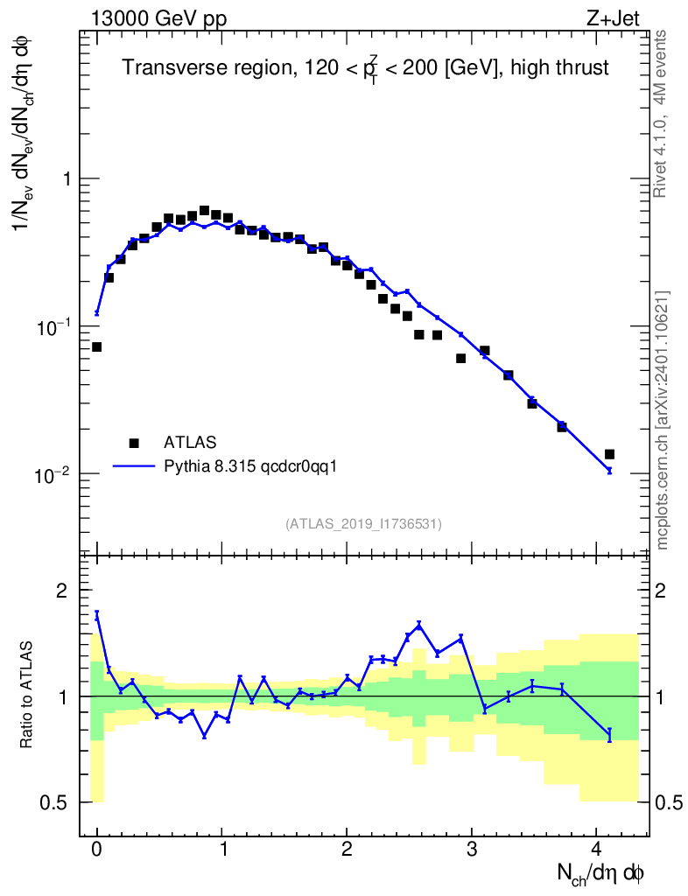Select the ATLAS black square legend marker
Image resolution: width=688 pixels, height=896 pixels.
coord(133,442)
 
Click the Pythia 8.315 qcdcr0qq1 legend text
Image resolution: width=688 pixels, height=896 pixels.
coord(251,466)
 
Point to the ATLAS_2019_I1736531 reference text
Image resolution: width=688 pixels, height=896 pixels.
coord(363,524)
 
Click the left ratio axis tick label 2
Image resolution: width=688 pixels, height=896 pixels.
coord(62,591)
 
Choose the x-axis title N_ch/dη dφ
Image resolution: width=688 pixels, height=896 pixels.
coord(601,872)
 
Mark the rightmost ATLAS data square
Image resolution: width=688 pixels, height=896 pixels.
coord(609,454)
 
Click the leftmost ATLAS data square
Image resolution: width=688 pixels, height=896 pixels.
coord(96,347)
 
